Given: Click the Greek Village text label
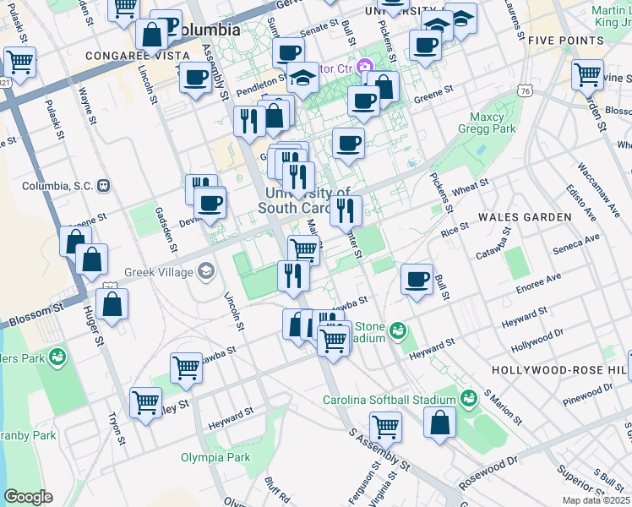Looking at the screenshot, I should pos(158,272).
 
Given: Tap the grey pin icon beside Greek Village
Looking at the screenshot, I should pos(205,271).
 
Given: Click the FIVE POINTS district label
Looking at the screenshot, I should pos(564,40).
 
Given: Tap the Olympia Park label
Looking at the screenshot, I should pos(215,457).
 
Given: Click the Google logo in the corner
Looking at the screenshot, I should pos(28,496).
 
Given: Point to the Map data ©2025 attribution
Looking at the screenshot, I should pos(596,500).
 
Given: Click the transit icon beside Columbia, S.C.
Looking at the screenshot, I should pos(103,185).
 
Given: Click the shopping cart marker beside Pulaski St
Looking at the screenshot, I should pos(19,62).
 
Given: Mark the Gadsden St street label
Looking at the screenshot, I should pos(165,228).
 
